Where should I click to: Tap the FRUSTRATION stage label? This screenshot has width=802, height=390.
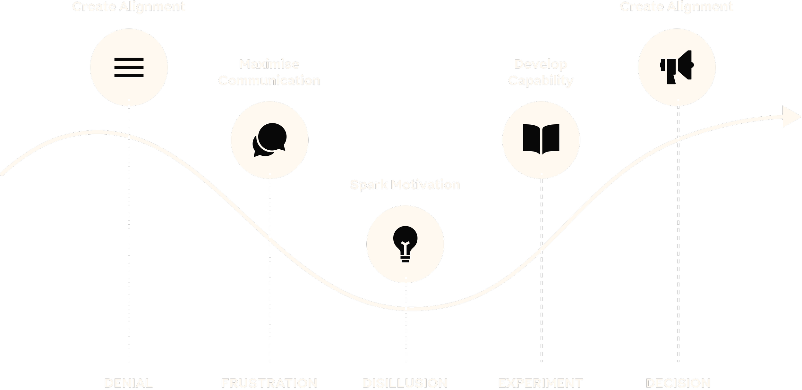click(x=269, y=383)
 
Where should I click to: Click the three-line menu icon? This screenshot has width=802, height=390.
click(x=129, y=67)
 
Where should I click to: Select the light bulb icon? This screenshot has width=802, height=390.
click(x=405, y=244)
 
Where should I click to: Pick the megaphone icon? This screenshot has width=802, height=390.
click(x=677, y=67)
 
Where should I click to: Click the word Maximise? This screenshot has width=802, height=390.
click(x=269, y=64)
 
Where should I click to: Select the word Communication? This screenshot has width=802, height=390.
click(x=269, y=80)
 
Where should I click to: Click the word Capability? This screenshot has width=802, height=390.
click(x=541, y=80)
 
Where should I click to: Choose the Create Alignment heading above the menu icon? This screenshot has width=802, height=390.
click(x=129, y=6)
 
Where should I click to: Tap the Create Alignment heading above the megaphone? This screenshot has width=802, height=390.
click(x=676, y=6)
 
